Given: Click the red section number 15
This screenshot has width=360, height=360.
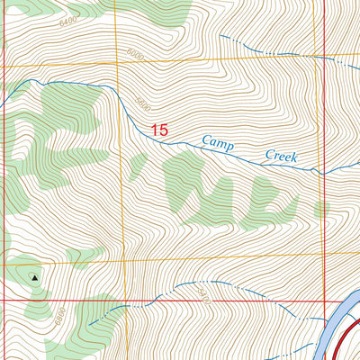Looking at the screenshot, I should [x=160, y=130].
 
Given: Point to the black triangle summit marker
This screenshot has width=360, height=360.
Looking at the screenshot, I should [x=35, y=278].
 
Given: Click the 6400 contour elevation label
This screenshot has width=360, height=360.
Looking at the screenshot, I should [x=67, y=19].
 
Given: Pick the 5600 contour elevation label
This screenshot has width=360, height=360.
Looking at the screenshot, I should [x=142, y=104].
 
